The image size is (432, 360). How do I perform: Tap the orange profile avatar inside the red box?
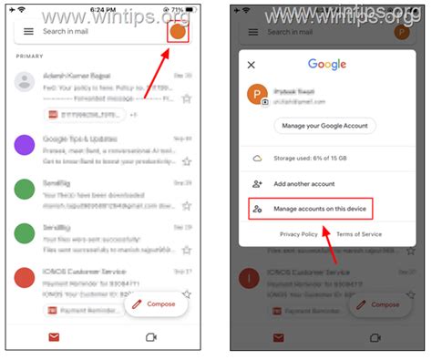179,31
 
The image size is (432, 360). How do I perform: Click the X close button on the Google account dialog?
252,65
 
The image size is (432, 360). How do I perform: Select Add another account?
305,184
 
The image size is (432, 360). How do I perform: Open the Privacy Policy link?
299,234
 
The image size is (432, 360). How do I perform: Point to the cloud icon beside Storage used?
257,158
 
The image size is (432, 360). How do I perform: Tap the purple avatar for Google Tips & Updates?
26,145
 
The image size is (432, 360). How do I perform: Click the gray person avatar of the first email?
26,82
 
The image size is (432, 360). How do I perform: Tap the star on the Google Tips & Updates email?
186,161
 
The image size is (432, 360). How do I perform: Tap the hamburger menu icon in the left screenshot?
28,31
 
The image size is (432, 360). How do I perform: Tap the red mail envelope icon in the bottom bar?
54,337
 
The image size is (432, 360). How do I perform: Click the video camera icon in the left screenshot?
151,337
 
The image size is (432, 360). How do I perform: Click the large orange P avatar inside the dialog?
259,94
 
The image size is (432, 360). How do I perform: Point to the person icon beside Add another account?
257,184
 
